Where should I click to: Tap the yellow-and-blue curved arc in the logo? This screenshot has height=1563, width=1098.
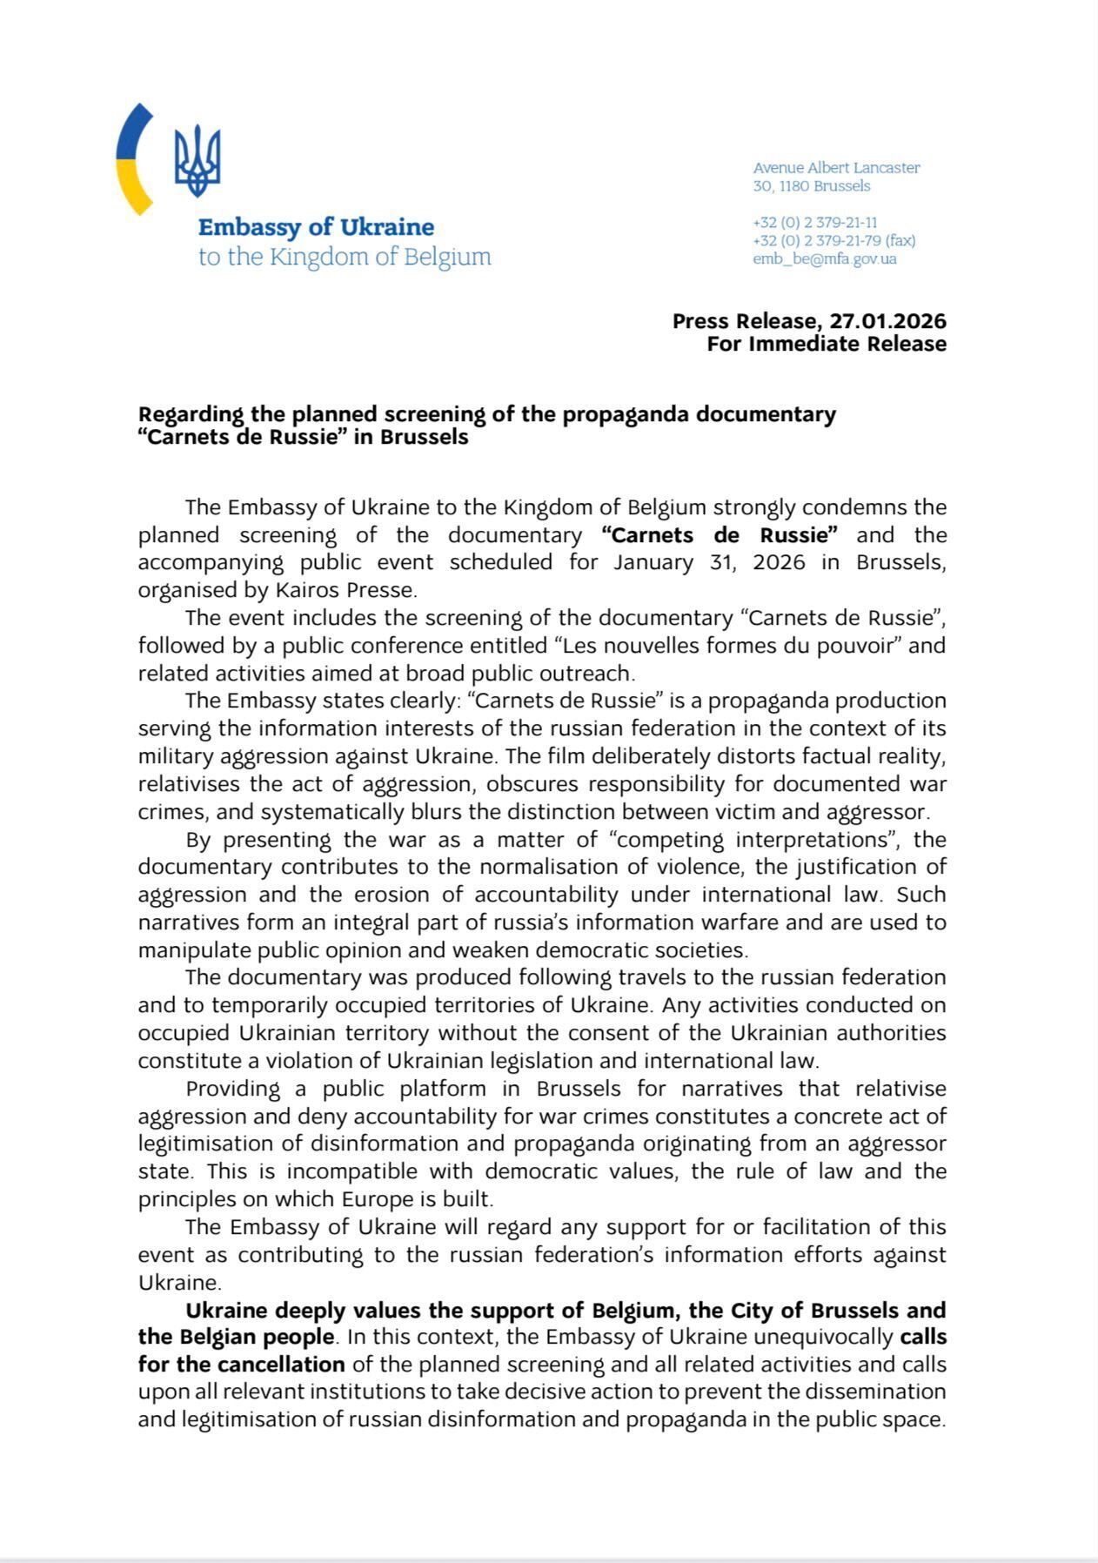click(x=132, y=160)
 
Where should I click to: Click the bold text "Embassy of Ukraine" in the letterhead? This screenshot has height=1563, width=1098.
click(x=316, y=227)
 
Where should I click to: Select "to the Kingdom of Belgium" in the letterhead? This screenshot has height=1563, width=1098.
click(x=345, y=257)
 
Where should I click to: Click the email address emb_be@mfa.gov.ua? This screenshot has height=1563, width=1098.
click(x=824, y=258)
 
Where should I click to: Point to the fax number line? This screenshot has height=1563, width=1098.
click(x=834, y=240)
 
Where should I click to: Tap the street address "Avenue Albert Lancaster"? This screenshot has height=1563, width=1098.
click(x=836, y=168)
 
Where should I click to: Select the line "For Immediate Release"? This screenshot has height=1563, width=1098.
click(x=826, y=344)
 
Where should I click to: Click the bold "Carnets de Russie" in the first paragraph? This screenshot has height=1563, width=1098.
click(x=719, y=534)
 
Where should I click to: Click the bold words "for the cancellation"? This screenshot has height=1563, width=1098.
click(x=241, y=1364)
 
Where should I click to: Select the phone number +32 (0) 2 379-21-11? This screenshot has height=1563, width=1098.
click(x=814, y=223)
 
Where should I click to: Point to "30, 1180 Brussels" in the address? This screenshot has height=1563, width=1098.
click(x=811, y=186)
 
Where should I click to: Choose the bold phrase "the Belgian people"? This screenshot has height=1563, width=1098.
click(x=236, y=1337)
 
